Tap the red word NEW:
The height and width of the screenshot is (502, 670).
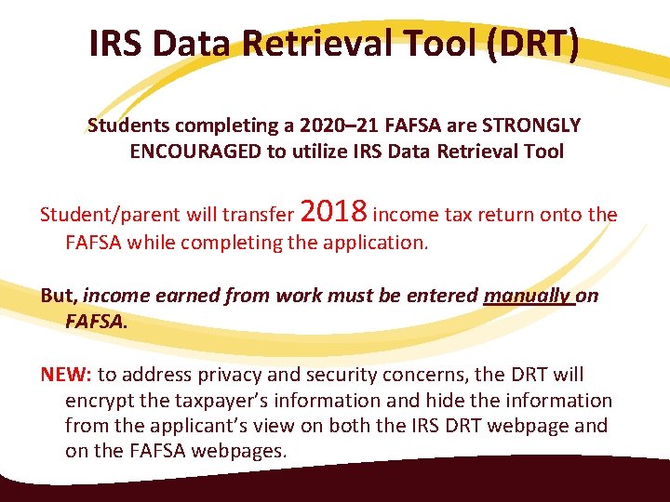tap(66, 375)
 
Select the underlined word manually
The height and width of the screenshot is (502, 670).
tap(527, 296)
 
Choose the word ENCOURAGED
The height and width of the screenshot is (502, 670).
tap(195, 152)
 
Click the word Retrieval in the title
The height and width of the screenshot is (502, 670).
tap(325, 45)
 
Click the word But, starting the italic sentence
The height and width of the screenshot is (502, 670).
tap(60, 296)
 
